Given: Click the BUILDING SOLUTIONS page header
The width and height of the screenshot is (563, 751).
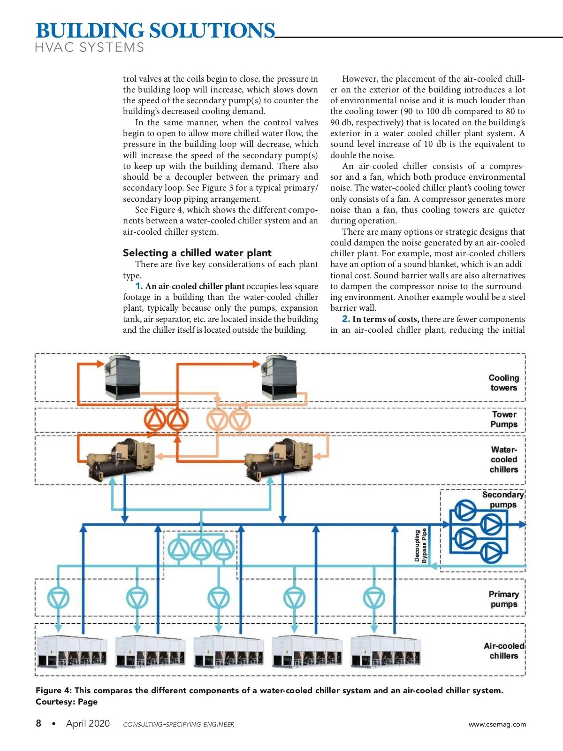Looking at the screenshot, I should (155, 31).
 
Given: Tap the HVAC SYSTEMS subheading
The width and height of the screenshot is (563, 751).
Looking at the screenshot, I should (90, 47).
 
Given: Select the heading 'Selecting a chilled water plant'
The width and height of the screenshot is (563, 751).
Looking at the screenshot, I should (197, 253).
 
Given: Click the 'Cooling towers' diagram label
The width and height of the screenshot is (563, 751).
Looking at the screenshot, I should (503, 383).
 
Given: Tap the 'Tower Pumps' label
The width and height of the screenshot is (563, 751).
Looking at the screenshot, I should (504, 419).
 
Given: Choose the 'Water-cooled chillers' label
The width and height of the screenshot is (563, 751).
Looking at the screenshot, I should (504, 460).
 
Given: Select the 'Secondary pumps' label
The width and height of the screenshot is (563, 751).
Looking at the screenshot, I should (503, 499).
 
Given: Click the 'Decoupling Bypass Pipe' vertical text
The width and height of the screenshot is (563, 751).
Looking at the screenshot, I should (420, 545).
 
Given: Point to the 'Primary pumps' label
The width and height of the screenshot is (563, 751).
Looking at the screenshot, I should (503, 599).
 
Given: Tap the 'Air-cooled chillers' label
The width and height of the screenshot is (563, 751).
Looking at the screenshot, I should (504, 651).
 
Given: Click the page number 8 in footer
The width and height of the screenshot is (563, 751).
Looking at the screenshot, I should (38, 723).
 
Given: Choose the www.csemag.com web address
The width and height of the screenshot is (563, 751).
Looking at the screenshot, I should (497, 724).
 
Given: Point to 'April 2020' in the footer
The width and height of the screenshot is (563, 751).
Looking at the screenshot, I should (88, 723).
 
